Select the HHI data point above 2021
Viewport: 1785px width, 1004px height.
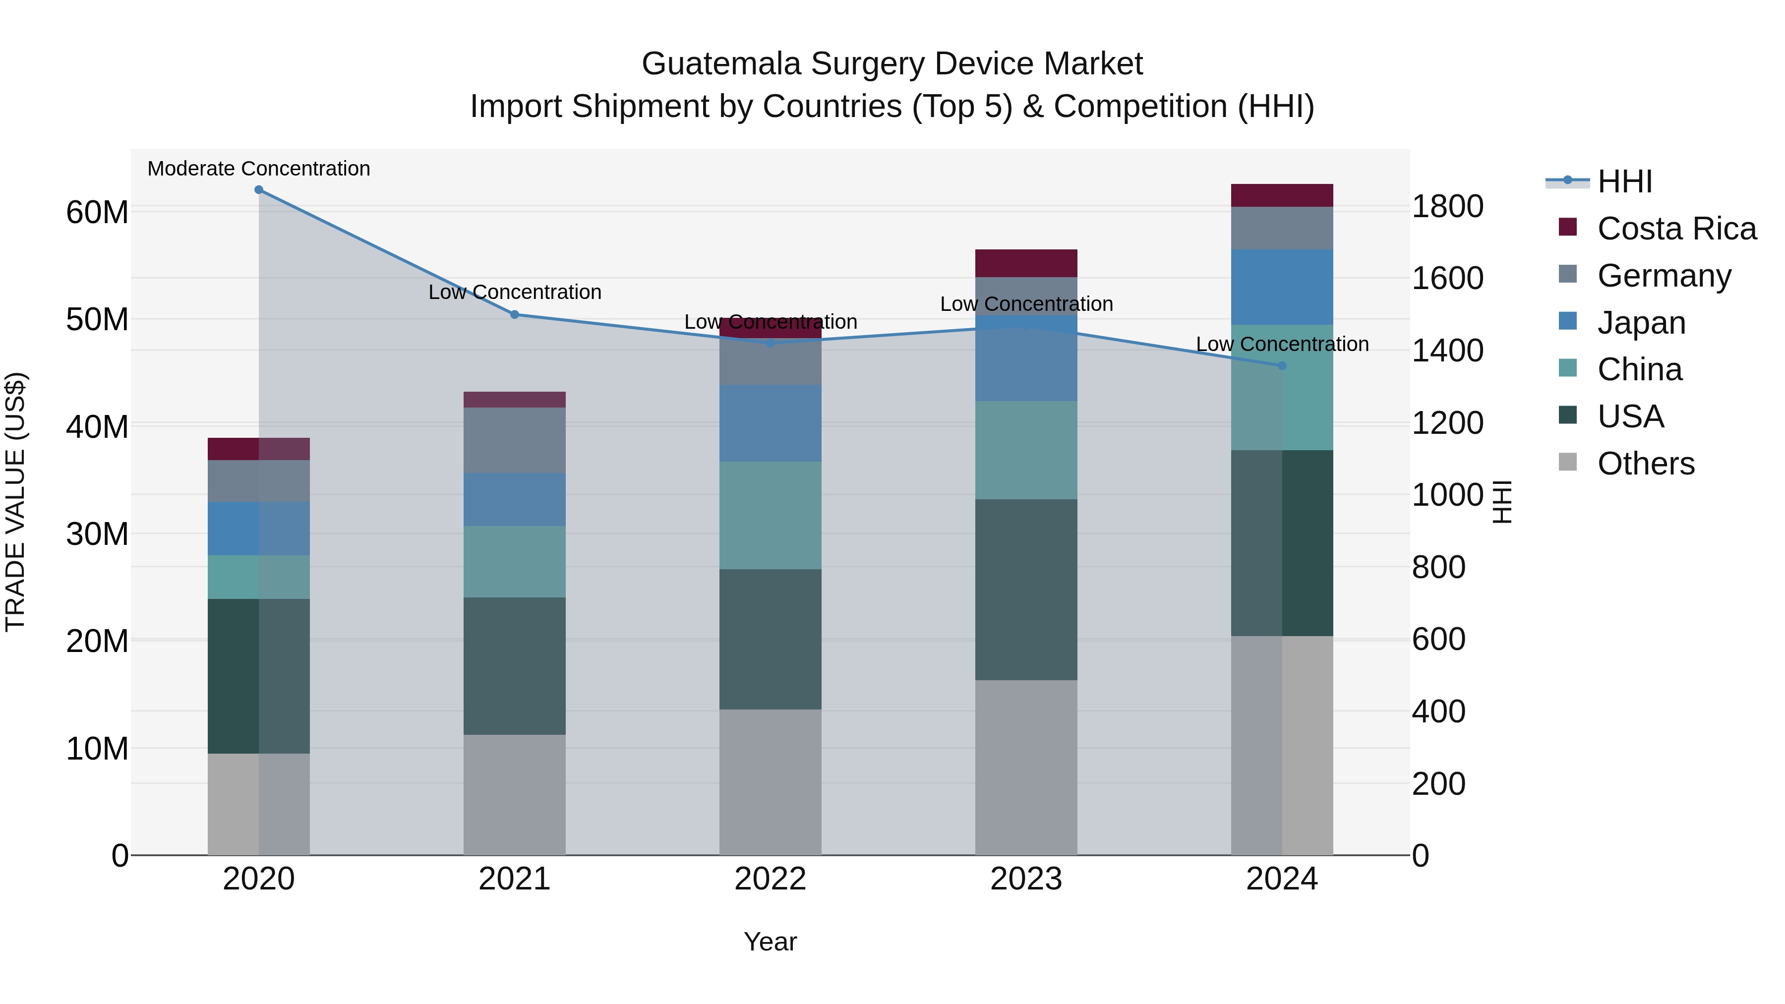click(515, 314)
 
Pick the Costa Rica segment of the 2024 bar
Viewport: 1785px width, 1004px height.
click(1282, 195)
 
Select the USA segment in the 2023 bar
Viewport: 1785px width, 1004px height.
click(1026, 589)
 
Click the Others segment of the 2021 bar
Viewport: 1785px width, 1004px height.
click(515, 795)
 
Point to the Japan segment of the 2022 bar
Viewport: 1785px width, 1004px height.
click(771, 423)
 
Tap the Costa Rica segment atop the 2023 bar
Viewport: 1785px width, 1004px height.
click(1026, 263)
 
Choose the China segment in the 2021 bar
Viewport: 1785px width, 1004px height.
click(515, 561)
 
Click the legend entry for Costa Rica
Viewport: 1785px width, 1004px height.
click(1676, 229)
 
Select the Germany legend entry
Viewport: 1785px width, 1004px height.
click(1664, 276)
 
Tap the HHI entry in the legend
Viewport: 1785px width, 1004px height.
click(1624, 181)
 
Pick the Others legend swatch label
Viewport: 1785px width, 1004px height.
click(1646, 464)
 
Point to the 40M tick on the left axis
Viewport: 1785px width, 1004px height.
click(97, 427)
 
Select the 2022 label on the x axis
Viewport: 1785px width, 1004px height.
click(771, 879)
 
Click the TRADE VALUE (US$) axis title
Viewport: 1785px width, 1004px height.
click(15, 502)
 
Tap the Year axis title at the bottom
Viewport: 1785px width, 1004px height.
click(770, 942)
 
